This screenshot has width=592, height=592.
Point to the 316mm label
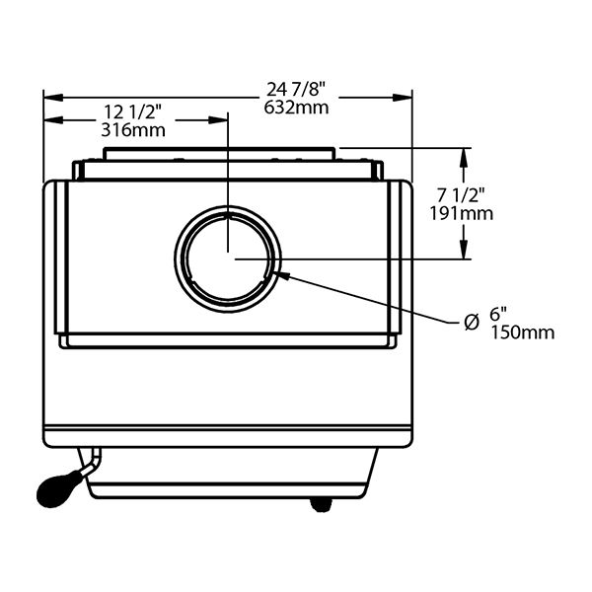pos(132,129)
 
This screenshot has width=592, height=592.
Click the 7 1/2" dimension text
pos(462,195)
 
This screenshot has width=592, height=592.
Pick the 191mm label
pos(462,212)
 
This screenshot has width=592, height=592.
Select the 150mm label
pos(522,333)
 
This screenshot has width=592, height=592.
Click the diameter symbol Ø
pos(472,321)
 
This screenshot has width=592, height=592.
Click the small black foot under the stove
pos(321,503)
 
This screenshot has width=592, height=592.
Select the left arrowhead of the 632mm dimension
pos(49,97)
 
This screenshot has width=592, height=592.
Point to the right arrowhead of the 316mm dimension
pos(222,120)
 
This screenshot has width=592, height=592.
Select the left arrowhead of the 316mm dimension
pos(49,120)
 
